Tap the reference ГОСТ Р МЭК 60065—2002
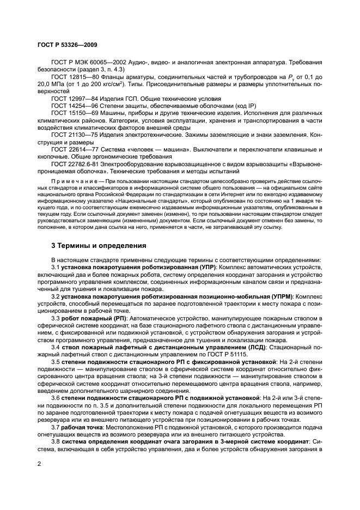coord(89,62)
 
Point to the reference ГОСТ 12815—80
coord(76,79)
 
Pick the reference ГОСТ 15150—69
coord(76,113)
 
